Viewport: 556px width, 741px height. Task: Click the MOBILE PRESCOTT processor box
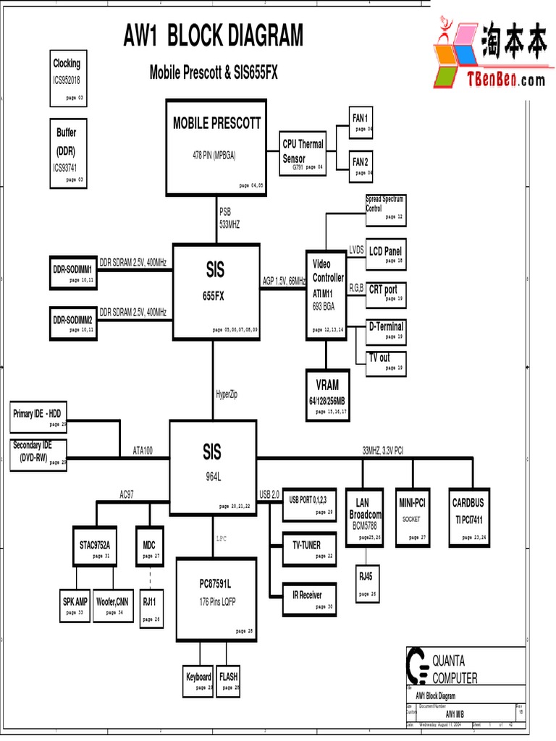tap(215, 147)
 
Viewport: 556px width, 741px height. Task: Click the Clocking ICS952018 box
tap(68, 78)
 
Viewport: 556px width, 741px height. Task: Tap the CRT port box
tap(385, 292)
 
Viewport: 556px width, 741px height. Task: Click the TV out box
tap(382, 362)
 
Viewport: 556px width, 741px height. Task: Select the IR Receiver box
tap(309, 598)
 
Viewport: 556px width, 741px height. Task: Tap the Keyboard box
tap(199, 681)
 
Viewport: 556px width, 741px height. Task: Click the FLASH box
tap(228, 681)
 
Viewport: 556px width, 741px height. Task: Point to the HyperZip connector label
tap(227, 394)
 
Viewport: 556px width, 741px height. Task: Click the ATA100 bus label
tap(143, 450)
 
